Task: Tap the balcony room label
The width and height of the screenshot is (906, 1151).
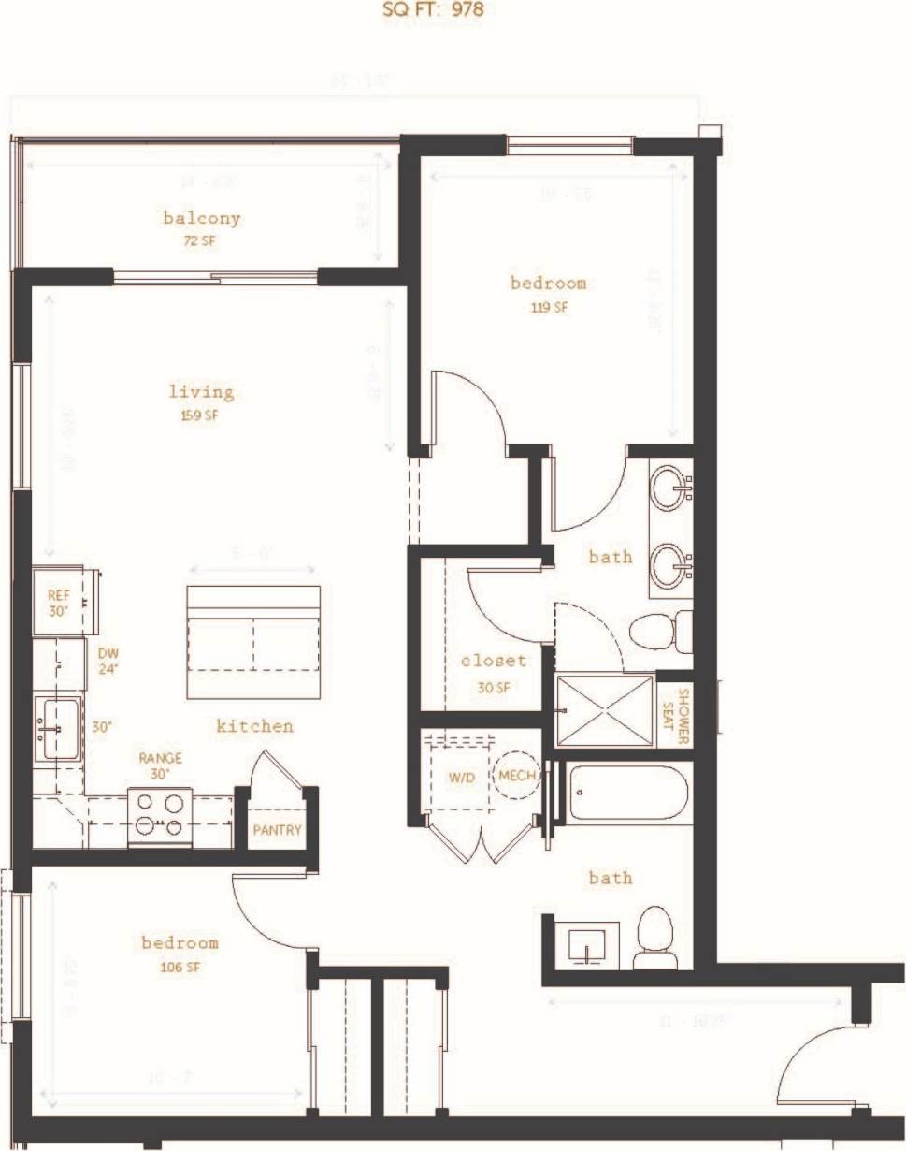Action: pyautogui.click(x=202, y=218)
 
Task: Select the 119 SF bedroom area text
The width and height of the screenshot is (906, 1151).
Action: pyautogui.click(x=549, y=307)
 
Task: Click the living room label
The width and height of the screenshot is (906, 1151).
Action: pyautogui.click(x=201, y=392)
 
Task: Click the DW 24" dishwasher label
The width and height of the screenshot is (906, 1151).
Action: pyautogui.click(x=108, y=661)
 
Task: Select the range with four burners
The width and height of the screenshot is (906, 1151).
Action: pyautogui.click(x=159, y=813)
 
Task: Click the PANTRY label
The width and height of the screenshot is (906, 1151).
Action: pyautogui.click(x=277, y=829)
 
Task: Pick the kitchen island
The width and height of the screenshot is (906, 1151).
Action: pyautogui.click(x=253, y=642)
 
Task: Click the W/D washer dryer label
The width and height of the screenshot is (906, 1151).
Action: pyautogui.click(x=462, y=777)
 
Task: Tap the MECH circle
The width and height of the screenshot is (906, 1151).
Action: pyautogui.click(x=516, y=776)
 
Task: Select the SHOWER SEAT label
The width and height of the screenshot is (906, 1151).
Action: pyautogui.click(x=682, y=717)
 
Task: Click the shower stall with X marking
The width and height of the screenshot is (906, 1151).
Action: pyautogui.click(x=605, y=710)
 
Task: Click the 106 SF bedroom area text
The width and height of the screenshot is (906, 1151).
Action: pyautogui.click(x=180, y=967)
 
